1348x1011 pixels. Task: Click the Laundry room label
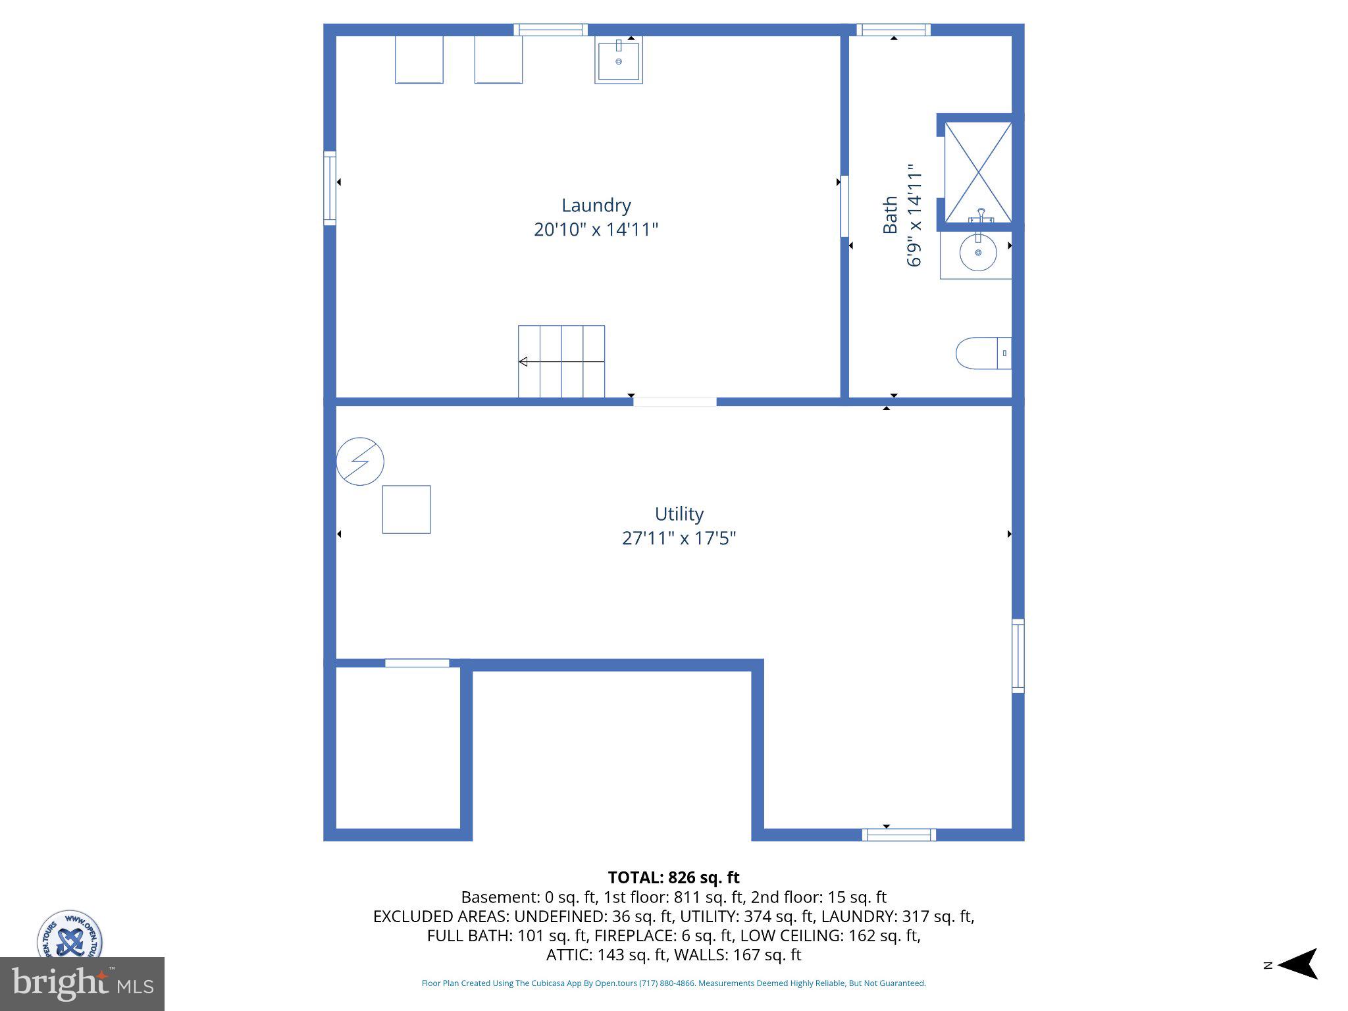pyautogui.click(x=596, y=205)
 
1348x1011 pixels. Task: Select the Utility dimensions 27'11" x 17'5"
pyautogui.click(x=679, y=538)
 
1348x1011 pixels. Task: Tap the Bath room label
pyautogui.click(x=890, y=215)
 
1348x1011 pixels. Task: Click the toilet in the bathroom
pyautogui.click(x=981, y=353)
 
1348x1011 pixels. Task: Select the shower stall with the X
pyautogui.click(x=978, y=172)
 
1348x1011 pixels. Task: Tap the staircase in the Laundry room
pyautogui.click(x=561, y=361)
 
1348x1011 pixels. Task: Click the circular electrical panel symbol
pyautogui.click(x=360, y=461)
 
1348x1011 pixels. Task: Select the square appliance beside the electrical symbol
pyautogui.click(x=406, y=509)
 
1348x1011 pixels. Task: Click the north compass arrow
pyautogui.click(x=1297, y=965)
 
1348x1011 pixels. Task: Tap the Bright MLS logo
pyautogui.click(x=82, y=983)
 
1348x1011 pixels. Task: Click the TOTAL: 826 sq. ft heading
pyautogui.click(x=673, y=877)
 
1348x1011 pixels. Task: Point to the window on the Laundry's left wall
pyautogui.click(x=330, y=188)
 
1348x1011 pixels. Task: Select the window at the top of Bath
pyautogui.click(x=893, y=30)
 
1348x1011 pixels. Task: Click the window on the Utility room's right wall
pyautogui.click(x=1018, y=656)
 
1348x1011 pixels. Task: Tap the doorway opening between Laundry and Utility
pyautogui.click(x=674, y=402)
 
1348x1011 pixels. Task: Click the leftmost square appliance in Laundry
pyautogui.click(x=419, y=59)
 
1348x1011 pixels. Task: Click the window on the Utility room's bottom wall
pyautogui.click(x=898, y=835)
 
